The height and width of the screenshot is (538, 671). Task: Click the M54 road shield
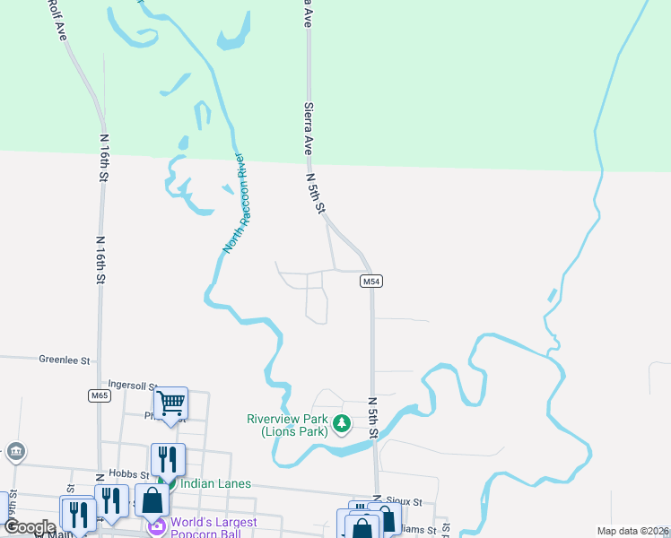tap(372, 282)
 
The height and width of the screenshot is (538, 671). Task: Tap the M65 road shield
tap(100, 395)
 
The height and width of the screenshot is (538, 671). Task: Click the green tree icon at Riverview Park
tap(341, 423)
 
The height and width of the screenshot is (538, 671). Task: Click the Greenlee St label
tap(65, 360)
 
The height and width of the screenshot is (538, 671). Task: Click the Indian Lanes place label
tap(215, 483)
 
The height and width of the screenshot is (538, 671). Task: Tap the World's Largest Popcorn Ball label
tap(215, 528)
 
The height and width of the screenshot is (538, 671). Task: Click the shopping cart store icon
tap(170, 402)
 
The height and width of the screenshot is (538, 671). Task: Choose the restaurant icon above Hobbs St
tap(168, 460)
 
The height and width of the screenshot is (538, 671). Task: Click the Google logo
tap(30, 527)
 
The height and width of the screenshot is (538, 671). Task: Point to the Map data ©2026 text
tap(633, 531)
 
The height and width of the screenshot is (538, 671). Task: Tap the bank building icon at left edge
tap(15, 452)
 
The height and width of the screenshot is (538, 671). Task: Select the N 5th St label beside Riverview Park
tap(370, 414)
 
